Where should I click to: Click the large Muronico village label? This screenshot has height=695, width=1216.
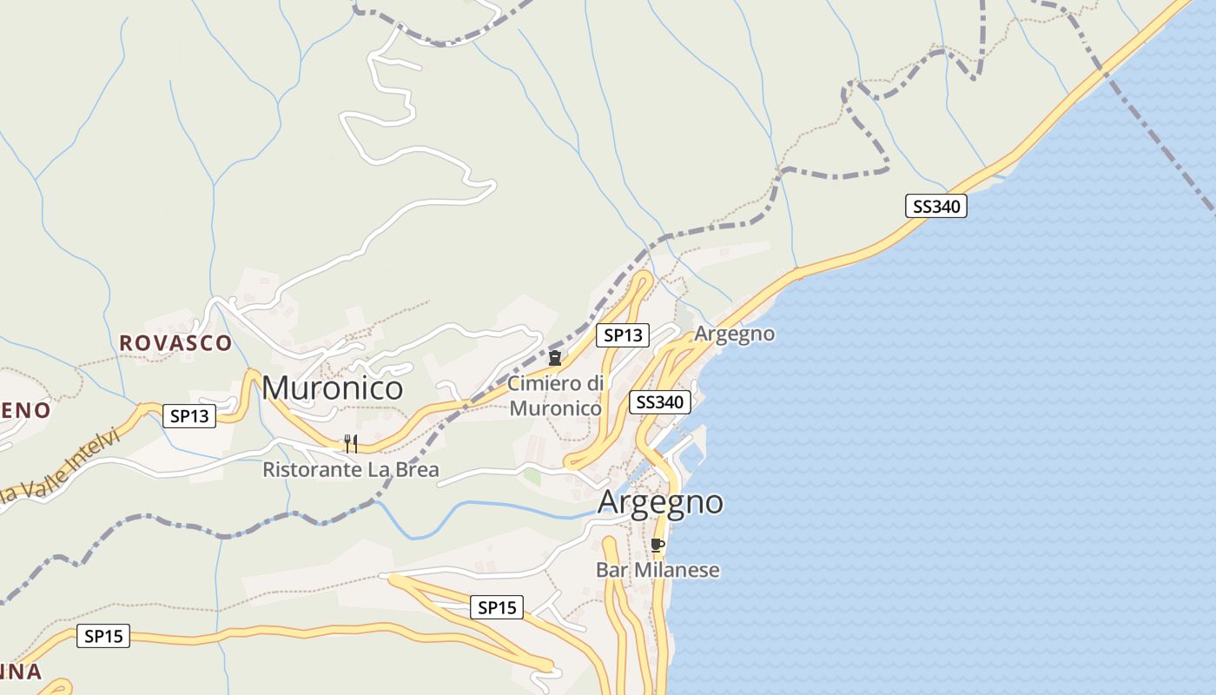332,387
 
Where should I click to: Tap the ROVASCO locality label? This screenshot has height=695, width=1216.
175,343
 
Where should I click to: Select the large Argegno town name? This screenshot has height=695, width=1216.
660,502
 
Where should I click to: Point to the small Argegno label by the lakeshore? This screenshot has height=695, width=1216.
735,334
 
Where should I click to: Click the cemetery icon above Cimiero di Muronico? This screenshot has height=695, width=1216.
555,358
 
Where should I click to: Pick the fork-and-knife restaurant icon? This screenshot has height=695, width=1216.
351,444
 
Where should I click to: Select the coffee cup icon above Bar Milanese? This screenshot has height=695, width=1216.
658,546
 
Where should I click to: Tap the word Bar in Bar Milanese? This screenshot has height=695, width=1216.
611,570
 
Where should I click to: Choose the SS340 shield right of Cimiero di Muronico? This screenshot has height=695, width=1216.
660,401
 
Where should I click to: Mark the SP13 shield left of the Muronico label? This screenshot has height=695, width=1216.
189,416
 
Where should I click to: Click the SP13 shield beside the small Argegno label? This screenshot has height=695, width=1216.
623,334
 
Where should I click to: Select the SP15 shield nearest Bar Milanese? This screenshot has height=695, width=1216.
497,607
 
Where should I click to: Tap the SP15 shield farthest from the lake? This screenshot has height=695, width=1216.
103,636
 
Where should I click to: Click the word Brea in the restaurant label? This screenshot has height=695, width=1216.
418,470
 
